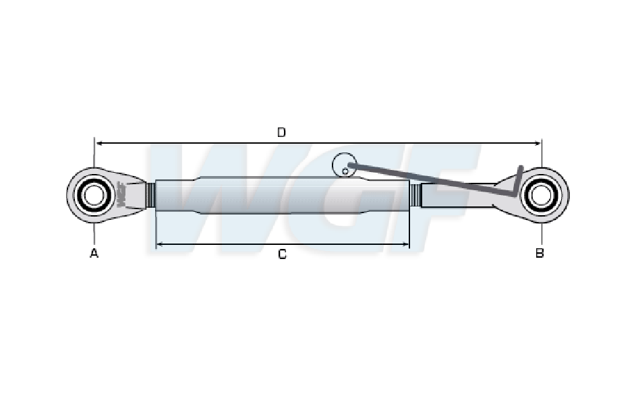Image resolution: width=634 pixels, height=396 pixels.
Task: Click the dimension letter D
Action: coord(281,132)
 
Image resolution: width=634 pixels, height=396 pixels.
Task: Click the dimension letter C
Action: coord(282,254)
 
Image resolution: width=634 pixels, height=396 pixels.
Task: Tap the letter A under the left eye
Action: coord(94,253)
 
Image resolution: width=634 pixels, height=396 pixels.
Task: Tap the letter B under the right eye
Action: coord(540,253)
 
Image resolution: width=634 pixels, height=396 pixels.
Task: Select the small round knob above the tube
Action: coord(344,165)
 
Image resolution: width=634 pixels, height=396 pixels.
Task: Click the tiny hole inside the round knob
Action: coord(345,171)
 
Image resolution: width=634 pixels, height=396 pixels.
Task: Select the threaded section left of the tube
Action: coord(150,196)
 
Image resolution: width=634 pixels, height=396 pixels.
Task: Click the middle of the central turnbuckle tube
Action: coord(282,196)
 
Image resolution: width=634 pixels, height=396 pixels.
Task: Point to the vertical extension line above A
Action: coord(94,152)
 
